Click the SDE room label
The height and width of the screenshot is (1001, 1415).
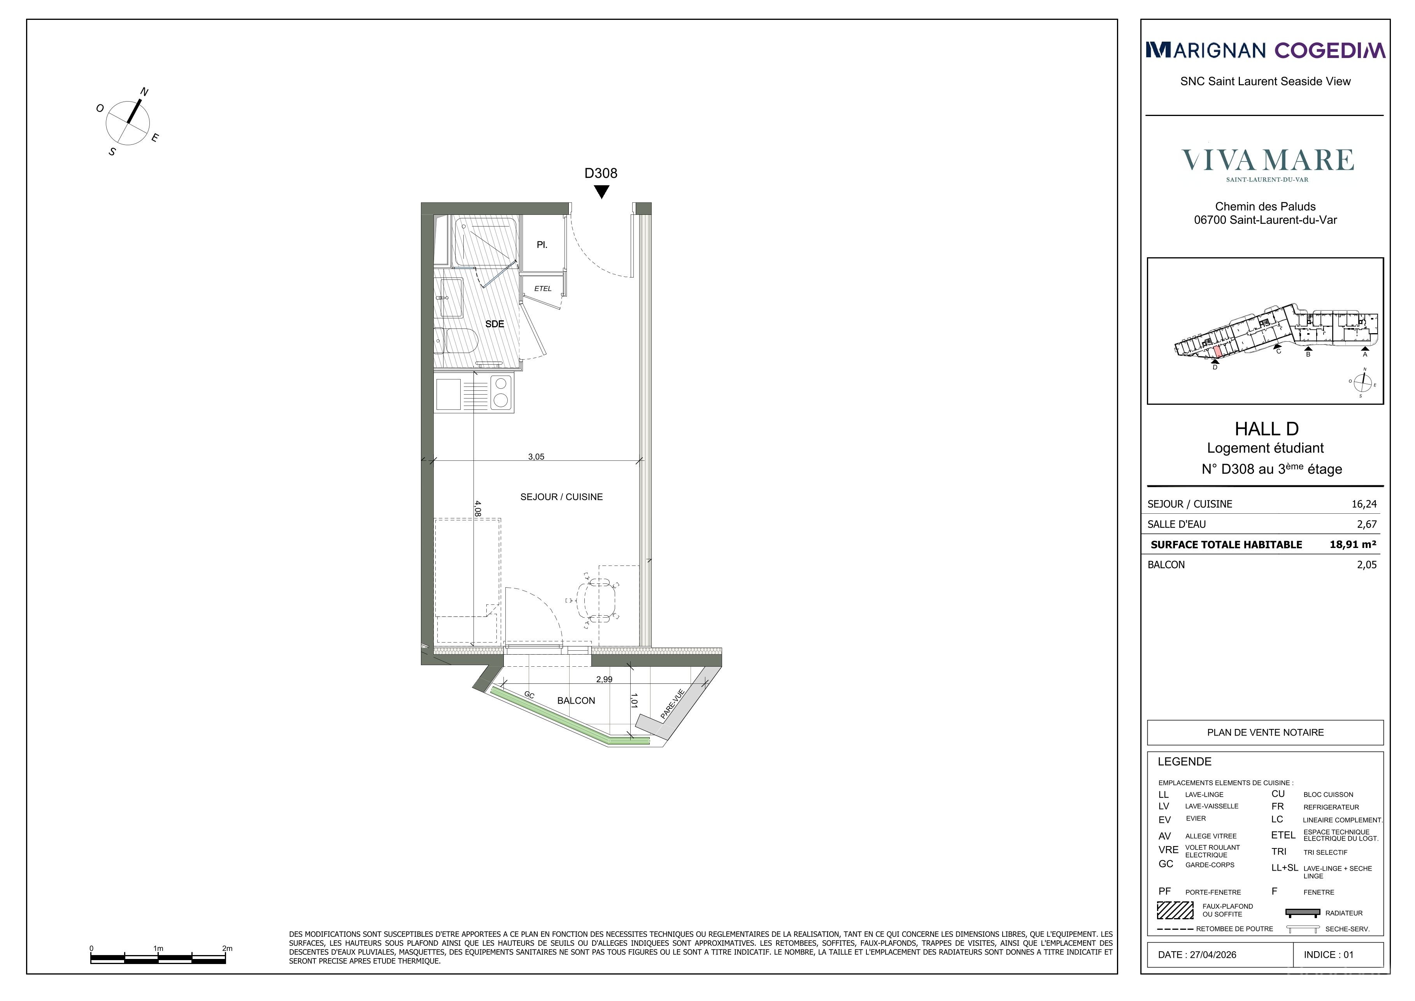(494, 324)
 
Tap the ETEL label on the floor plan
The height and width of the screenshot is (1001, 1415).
(543, 288)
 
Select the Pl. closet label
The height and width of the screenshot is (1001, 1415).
(542, 245)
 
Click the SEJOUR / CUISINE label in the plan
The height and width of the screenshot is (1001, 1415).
(561, 497)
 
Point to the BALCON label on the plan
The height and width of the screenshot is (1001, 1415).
(576, 701)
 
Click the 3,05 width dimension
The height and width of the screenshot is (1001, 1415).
(536, 457)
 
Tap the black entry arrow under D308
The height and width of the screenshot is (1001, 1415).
(601, 192)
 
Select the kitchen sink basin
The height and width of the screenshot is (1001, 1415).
(448, 395)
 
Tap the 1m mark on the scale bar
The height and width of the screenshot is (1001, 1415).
(158, 948)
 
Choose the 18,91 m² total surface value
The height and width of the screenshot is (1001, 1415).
(1353, 544)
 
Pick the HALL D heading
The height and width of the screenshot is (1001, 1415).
(1266, 428)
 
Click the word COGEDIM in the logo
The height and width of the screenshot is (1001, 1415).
(1329, 50)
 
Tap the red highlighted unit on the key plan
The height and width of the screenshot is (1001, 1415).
(1217, 352)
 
